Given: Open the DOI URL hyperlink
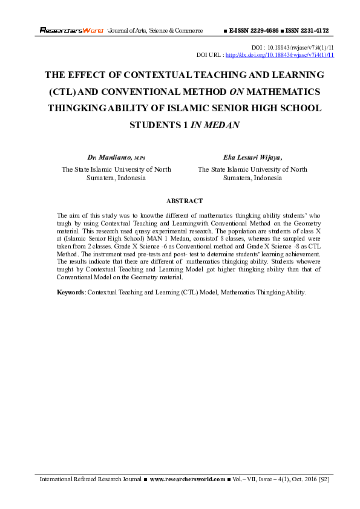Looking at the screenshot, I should tap(280, 54).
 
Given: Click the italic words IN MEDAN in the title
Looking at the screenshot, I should tap(216, 126).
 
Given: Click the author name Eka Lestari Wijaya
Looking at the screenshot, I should tap(252, 157).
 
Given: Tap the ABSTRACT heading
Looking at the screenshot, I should tap(184, 201).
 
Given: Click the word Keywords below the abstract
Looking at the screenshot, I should tap(71, 292).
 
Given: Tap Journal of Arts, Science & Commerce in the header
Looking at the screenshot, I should tap(155, 30).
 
